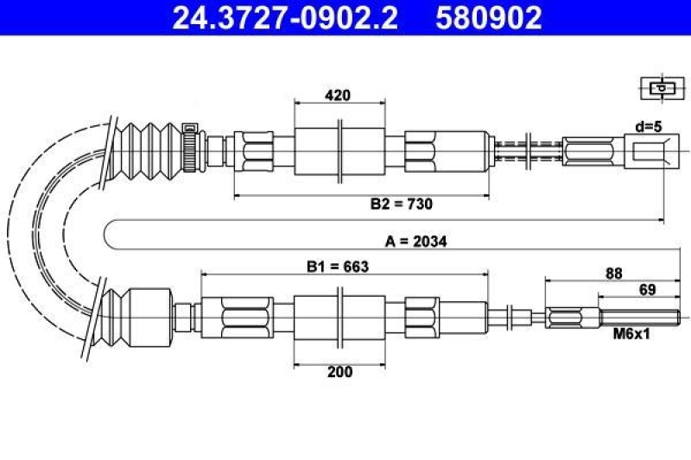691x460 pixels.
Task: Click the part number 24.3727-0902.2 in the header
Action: click(x=285, y=17)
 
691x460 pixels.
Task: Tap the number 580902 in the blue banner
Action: click(x=489, y=17)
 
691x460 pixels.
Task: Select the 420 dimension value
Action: click(x=338, y=95)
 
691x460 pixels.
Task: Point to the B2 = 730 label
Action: click(x=402, y=204)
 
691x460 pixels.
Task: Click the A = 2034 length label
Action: click(x=416, y=242)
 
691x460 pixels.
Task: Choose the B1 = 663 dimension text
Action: click(x=338, y=267)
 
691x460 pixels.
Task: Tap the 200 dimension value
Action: click(x=339, y=372)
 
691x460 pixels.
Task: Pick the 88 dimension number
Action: click(x=614, y=274)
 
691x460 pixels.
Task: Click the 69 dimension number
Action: click(x=647, y=290)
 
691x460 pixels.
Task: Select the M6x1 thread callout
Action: click(x=631, y=334)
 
